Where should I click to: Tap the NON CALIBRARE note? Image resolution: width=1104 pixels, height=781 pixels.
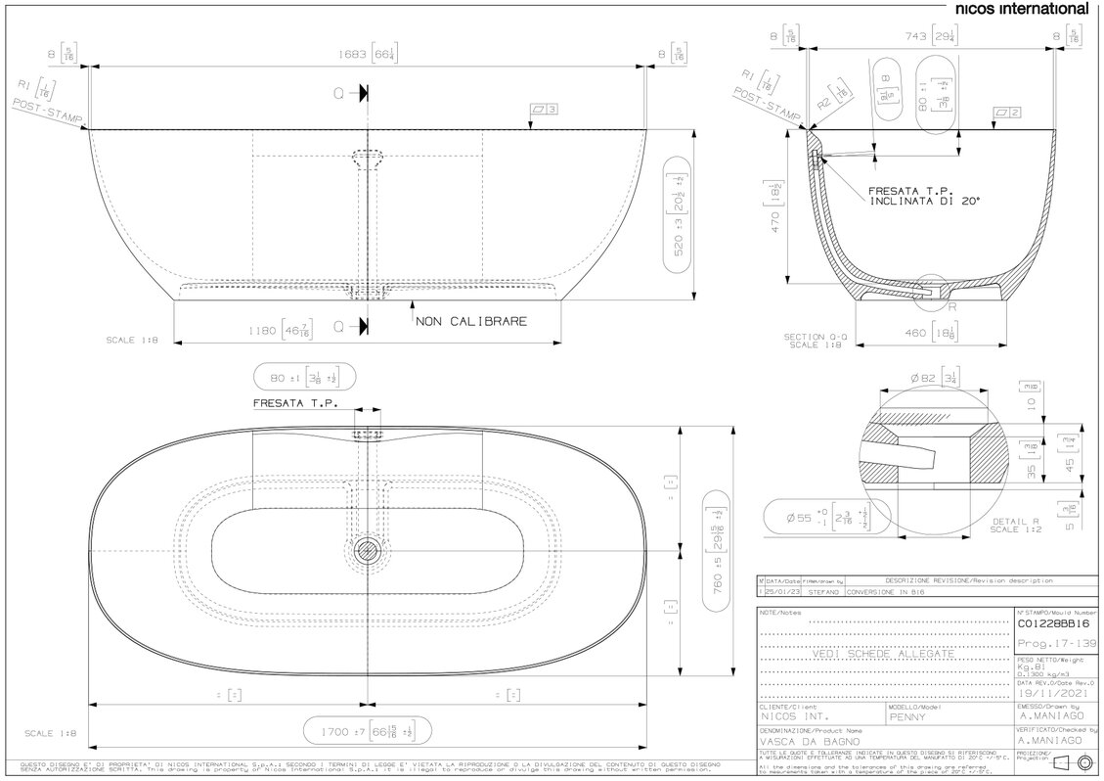(471, 321)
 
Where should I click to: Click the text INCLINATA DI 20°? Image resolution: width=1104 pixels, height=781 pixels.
(923, 201)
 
